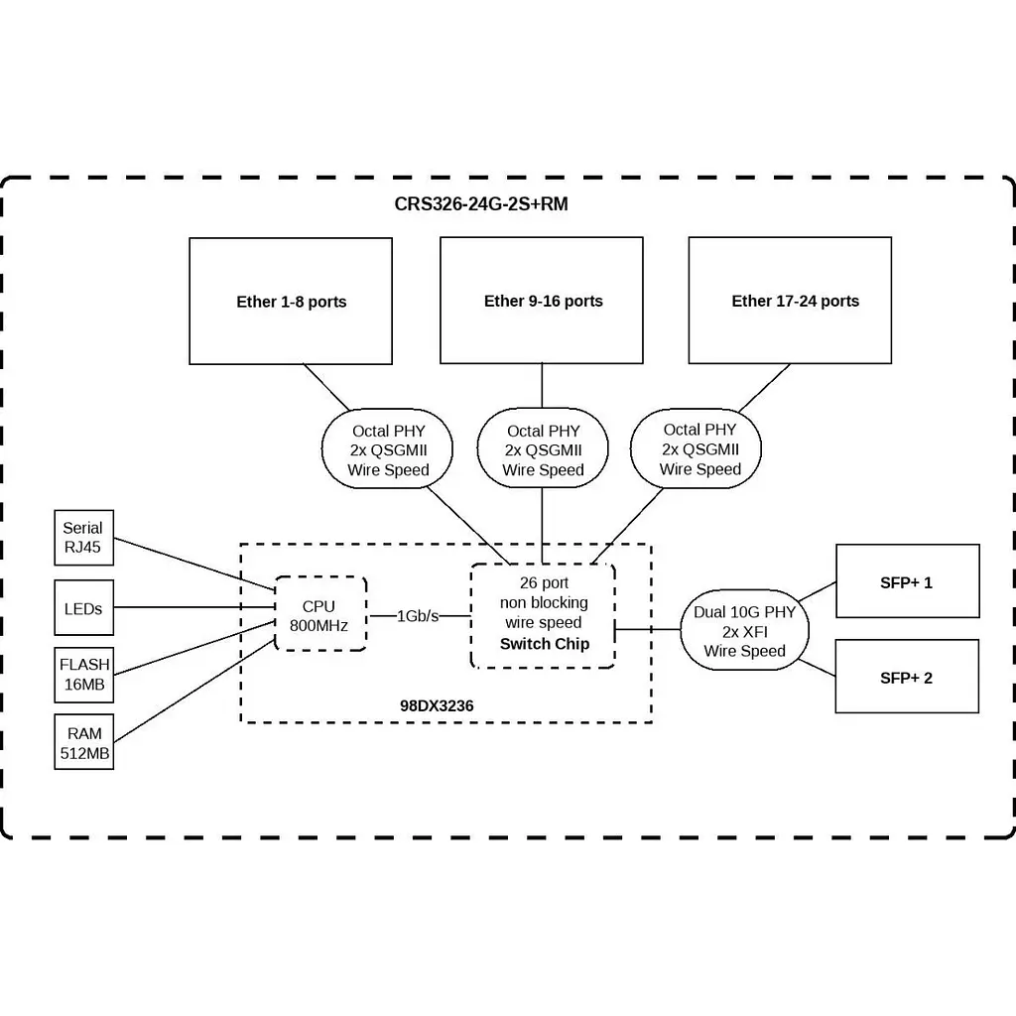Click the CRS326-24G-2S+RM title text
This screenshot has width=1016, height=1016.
click(x=481, y=204)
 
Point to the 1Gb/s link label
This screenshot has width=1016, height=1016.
click(x=418, y=616)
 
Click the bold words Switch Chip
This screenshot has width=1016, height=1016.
click(x=545, y=644)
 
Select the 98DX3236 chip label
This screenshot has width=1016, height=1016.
click(x=437, y=705)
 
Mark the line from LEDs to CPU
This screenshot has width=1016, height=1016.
click(x=194, y=607)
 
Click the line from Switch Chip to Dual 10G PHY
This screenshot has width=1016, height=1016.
click(x=647, y=628)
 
